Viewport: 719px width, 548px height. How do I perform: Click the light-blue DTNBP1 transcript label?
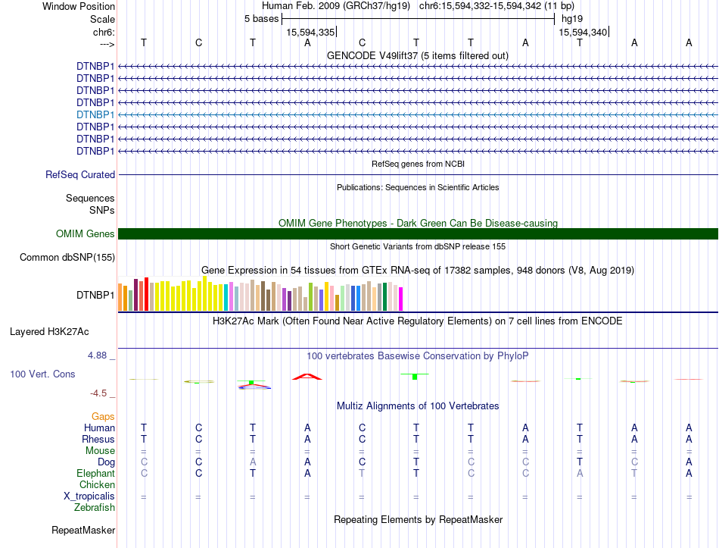95,115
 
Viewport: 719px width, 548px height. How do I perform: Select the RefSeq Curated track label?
80,175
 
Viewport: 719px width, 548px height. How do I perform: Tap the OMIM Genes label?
86,233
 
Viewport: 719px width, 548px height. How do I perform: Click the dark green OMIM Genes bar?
418,233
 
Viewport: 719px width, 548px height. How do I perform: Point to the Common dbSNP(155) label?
67,257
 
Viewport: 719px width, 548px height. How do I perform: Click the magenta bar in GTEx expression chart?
401,299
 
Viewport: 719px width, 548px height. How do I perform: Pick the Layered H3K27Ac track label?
49,332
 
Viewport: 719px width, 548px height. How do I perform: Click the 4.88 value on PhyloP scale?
97,355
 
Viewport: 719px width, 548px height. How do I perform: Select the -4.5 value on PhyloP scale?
98,393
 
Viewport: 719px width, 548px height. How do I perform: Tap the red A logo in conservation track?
307,377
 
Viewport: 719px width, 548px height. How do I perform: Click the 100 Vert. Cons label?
42,374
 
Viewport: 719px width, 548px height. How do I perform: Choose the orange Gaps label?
103,417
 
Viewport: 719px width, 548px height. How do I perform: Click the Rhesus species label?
98,440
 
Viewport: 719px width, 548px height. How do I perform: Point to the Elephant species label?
96,474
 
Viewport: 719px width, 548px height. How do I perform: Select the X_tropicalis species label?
89,496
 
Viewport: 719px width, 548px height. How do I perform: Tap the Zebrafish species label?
95,508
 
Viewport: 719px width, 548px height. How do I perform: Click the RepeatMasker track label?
83,531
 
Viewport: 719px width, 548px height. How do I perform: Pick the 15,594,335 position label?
310,33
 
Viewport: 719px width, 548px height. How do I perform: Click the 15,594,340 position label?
583,33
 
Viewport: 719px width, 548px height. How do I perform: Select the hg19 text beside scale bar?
572,19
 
